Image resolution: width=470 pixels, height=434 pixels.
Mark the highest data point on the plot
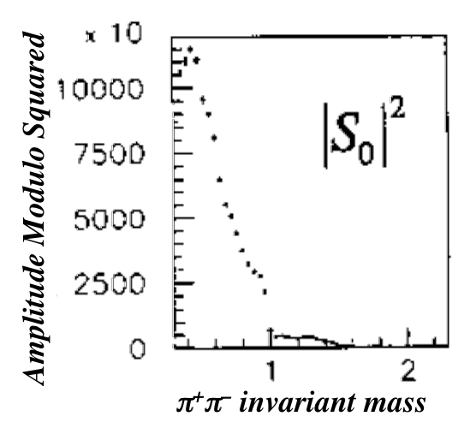click(x=189, y=49)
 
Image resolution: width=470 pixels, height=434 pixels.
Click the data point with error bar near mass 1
click(x=271, y=330)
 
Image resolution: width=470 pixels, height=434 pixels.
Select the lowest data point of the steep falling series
click(x=265, y=292)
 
